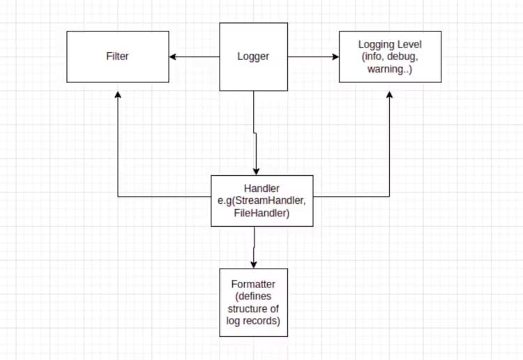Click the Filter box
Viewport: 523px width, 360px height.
(x=117, y=57)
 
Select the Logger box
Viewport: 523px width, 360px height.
(x=254, y=57)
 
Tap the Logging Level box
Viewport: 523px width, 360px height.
(x=390, y=57)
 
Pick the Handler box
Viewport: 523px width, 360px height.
(x=262, y=201)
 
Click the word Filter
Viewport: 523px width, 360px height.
(x=117, y=57)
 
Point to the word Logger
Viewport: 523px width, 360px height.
(x=254, y=57)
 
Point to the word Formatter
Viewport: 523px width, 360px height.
(x=253, y=285)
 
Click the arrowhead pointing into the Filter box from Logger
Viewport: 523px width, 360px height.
(x=173, y=57)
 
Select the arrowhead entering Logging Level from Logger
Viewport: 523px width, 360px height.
(x=335, y=57)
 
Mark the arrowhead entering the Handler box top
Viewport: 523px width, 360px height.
(x=257, y=172)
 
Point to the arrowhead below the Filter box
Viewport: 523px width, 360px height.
(x=118, y=93)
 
